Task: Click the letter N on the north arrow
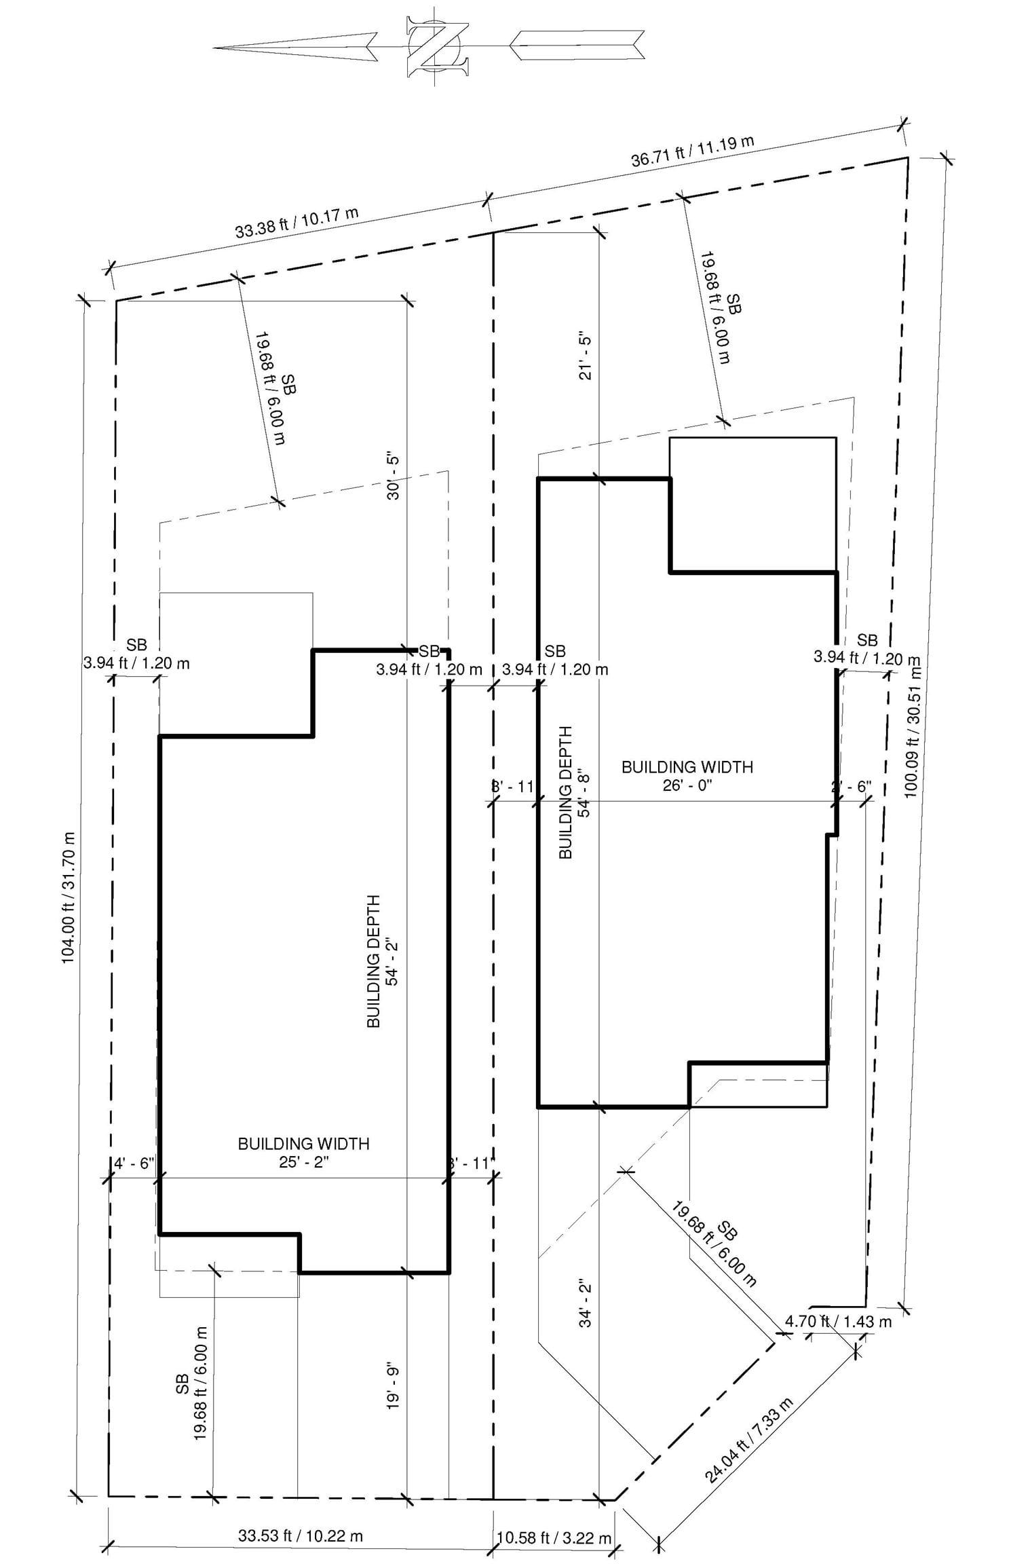coord(438,48)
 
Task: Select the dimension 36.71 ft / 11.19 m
coord(692,151)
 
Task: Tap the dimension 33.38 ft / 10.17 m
coord(297,222)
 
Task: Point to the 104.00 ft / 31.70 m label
coord(69,897)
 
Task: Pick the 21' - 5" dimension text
coord(586,356)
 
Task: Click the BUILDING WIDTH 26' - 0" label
coord(687,776)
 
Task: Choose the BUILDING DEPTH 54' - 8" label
coord(575,792)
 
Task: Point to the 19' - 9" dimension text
coord(393,1386)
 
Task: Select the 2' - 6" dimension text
coord(851,787)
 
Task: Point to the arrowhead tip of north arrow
coord(214,48)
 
